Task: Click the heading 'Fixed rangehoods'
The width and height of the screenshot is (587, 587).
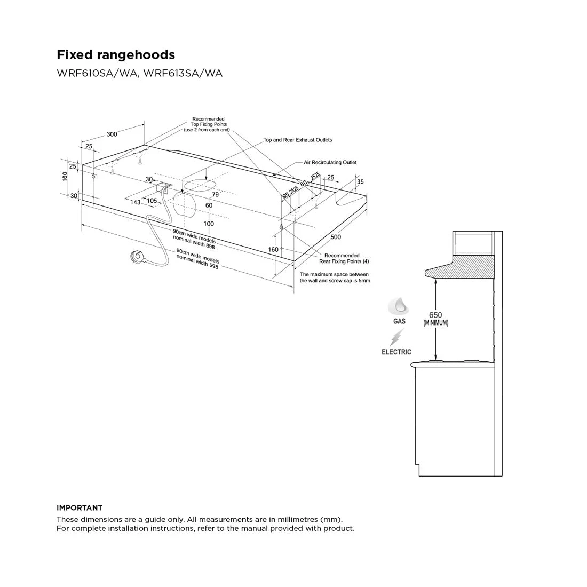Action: click(x=116, y=54)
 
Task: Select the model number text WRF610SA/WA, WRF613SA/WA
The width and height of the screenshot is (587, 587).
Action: click(x=139, y=73)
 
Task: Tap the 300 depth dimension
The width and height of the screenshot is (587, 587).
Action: click(x=112, y=134)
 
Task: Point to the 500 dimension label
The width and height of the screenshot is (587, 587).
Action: click(x=336, y=236)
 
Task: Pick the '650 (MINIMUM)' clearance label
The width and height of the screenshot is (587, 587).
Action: click(x=436, y=319)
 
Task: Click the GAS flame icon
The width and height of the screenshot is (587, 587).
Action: click(x=399, y=307)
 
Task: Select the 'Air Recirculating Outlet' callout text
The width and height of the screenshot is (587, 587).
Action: click(x=330, y=162)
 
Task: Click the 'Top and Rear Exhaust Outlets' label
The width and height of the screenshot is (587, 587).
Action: click(x=298, y=140)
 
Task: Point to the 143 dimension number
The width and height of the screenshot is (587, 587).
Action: click(x=135, y=202)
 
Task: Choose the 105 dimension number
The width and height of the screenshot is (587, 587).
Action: click(x=152, y=201)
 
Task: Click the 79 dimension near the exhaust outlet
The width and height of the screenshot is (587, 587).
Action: click(x=215, y=194)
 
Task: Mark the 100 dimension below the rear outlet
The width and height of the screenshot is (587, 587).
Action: click(x=209, y=224)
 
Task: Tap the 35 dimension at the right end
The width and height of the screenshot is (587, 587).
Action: click(x=360, y=181)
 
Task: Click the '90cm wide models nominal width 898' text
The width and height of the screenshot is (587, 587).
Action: click(x=194, y=239)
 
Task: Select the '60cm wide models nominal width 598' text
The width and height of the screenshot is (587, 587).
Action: click(x=197, y=258)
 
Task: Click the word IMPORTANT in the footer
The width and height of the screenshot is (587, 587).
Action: click(x=80, y=508)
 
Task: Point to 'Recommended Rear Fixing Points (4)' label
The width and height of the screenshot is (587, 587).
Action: click(x=344, y=258)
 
